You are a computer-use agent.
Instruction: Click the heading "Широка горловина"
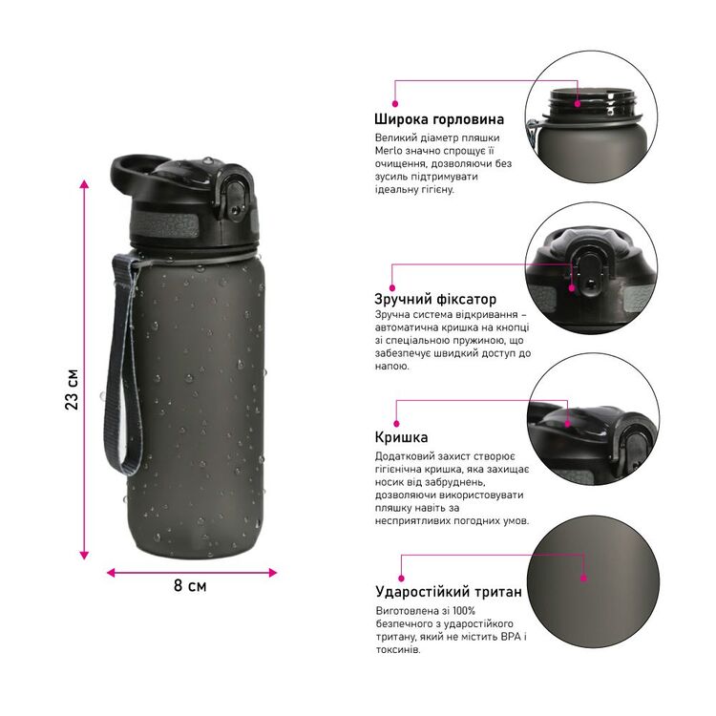pyautogui.click(x=439, y=119)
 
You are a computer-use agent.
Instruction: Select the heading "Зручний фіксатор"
pyautogui.click(x=435, y=299)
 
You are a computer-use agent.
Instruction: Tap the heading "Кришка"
pyautogui.click(x=401, y=437)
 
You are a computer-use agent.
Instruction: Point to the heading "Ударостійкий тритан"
pyautogui.click(x=449, y=592)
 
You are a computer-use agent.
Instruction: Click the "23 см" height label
pyautogui.click(x=72, y=390)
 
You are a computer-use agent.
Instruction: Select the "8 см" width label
pyautogui.click(x=190, y=586)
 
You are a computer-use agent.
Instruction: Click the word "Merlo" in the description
pyautogui.click(x=389, y=151)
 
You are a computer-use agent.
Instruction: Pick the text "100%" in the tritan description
pyautogui.click(x=465, y=611)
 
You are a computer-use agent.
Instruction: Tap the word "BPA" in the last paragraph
pyautogui.click(x=511, y=637)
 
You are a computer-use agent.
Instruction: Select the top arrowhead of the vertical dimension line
pyautogui.click(x=84, y=184)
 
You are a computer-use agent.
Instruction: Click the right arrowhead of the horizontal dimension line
pyautogui.click(x=273, y=573)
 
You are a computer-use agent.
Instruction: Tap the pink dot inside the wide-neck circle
pyautogui.click(x=578, y=104)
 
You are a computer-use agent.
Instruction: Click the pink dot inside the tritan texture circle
pyautogui.click(x=583, y=579)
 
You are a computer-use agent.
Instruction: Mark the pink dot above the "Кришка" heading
pyautogui.click(x=396, y=424)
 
